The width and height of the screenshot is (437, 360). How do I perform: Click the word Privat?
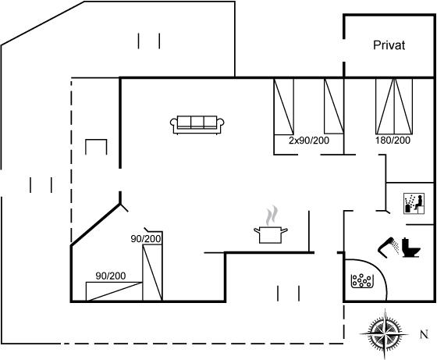click(389, 45)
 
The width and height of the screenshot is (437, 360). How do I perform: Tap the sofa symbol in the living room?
click(197, 125)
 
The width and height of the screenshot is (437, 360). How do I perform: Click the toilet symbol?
click(410, 248)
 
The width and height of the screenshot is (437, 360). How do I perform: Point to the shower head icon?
click(389, 247)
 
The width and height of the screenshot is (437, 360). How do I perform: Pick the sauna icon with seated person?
click(414, 204)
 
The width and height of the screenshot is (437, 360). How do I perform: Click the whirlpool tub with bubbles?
click(362, 281)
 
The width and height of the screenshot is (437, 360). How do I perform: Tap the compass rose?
click(385, 333)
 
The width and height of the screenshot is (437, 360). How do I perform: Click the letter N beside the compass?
click(424, 334)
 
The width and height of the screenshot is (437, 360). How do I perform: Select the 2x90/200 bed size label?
click(309, 141)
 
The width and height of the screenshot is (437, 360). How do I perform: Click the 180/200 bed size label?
click(393, 141)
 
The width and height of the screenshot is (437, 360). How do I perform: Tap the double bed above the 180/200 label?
click(394, 106)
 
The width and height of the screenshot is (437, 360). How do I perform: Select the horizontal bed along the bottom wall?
click(114, 291)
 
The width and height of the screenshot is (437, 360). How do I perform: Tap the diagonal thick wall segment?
click(95, 225)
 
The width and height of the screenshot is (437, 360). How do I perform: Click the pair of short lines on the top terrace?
click(149, 41)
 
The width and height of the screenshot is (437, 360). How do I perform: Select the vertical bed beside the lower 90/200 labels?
click(152, 273)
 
